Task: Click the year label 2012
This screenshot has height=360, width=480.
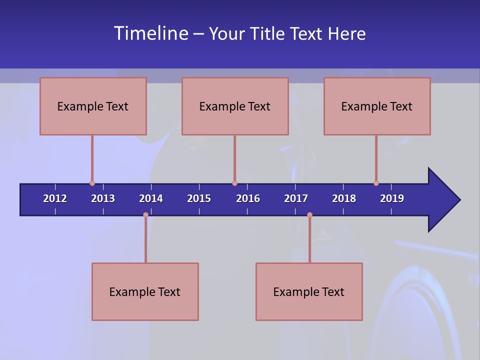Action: click(55, 198)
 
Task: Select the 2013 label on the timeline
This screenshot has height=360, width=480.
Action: click(103, 198)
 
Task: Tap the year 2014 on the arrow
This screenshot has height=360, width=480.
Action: click(151, 198)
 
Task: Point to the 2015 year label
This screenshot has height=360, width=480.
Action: click(199, 198)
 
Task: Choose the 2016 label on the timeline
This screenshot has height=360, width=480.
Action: click(248, 198)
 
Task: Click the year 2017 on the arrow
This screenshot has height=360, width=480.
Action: click(296, 198)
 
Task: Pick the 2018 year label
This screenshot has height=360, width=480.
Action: click(344, 198)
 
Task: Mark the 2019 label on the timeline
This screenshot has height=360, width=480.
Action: click(392, 198)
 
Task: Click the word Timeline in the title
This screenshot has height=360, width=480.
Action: click(150, 33)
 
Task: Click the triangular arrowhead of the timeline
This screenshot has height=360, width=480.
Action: click(442, 200)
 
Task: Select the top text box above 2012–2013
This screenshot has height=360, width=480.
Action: click(93, 106)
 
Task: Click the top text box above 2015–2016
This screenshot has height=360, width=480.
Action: click(235, 106)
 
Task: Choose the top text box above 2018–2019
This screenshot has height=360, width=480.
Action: click(377, 106)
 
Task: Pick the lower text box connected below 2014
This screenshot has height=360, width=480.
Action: click(145, 291)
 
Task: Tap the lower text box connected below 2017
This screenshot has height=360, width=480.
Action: click(309, 291)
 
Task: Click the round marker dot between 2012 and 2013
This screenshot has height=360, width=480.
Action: click(92, 183)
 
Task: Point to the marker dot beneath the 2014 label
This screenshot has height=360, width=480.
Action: click(145, 215)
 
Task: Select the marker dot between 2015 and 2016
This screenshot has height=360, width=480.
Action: click(234, 183)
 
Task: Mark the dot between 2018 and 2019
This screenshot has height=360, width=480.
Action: click(376, 183)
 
